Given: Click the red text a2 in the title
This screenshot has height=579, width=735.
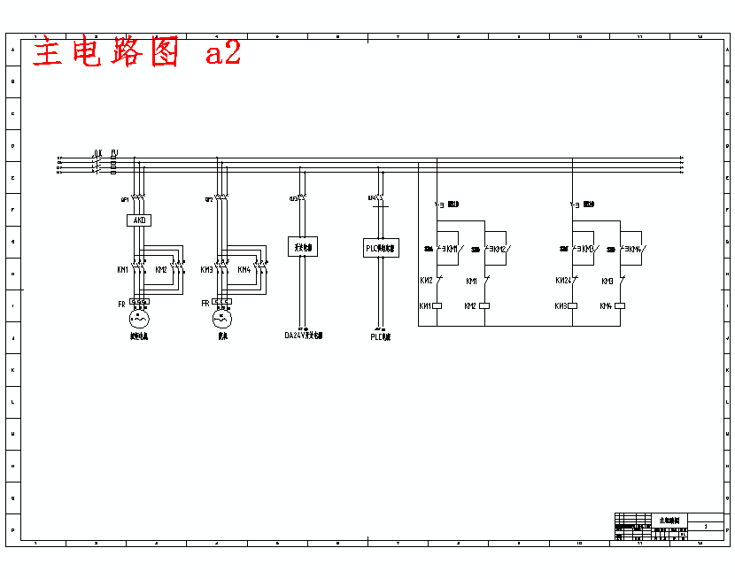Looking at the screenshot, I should coord(222,53).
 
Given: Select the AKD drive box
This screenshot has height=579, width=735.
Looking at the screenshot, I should coord(139,220).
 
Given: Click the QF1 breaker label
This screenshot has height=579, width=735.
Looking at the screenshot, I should coord(124,199).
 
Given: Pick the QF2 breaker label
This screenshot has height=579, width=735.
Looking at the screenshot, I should coord(209,199).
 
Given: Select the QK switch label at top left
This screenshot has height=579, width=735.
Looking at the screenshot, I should coord(98,153).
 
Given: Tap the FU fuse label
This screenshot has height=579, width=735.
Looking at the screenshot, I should coord(114,153).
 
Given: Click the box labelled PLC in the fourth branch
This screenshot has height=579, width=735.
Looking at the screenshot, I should coord(381,248).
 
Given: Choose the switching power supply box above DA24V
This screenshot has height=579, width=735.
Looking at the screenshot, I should coord(302,247).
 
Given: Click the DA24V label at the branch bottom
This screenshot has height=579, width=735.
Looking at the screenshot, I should coord(303,336).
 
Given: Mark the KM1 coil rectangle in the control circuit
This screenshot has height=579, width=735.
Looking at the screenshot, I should coord(436,306).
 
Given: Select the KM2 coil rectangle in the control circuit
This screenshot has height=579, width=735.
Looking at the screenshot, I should coord(484,306).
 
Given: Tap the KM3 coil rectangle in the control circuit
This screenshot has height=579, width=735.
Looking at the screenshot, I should coord(572,306).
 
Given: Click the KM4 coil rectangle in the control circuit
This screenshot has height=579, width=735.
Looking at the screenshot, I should coord(620,306).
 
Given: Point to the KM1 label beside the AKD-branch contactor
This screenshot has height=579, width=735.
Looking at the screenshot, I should coord(122,269).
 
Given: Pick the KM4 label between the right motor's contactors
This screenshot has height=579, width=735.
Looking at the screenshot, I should coord(244,269).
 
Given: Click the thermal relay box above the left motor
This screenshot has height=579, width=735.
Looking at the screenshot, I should coord(139,303).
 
